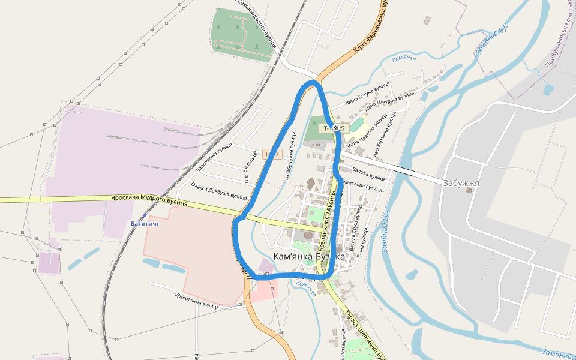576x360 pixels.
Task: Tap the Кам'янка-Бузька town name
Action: (x=308, y=256)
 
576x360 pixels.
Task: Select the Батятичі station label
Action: (x=145, y=224)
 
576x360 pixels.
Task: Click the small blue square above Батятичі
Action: (x=145, y=215)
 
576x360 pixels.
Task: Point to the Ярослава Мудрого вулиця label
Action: (x=149, y=200)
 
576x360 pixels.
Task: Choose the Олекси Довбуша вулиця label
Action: (x=219, y=191)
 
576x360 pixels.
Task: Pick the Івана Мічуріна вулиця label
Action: (x=389, y=102)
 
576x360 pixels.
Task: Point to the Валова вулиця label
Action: (x=369, y=175)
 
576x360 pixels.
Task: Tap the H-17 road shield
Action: (x=272, y=155)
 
